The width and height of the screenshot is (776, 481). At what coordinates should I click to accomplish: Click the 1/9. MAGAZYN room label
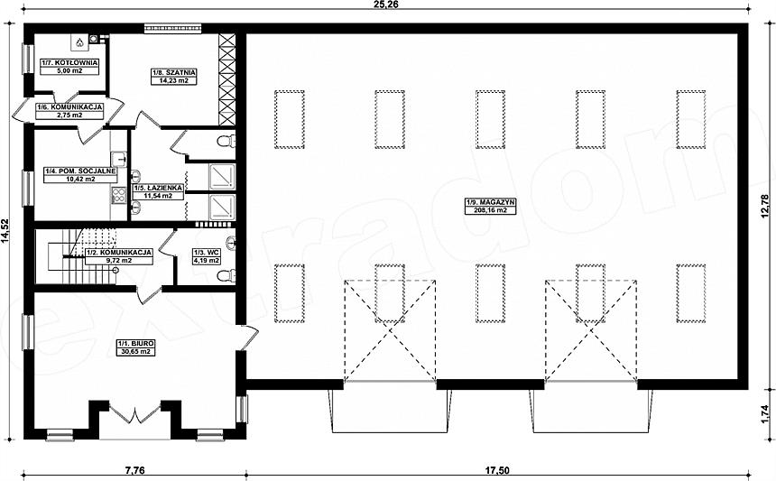[x=491, y=202]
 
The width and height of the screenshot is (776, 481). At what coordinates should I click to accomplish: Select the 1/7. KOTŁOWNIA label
[x=69, y=63]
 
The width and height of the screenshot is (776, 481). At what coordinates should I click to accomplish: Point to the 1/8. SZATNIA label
[x=173, y=73]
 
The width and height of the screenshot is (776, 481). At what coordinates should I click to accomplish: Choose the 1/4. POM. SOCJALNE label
[x=80, y=171]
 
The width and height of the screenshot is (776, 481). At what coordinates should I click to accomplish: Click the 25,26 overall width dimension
[x=387, y=5]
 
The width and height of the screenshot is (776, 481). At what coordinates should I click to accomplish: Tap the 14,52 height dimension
[x=5, y=232]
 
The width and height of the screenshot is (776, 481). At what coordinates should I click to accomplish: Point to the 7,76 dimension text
[x=132, y=470]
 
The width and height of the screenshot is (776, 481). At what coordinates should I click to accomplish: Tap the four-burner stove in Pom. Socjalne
[x=119, y=196]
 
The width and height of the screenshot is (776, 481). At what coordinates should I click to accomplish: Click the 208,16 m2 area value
[x=491, y=210]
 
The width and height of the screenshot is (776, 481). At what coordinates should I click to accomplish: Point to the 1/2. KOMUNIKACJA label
[x=119, y=253]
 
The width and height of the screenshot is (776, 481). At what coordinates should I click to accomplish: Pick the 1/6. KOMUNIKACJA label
[x=69, y=106]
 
